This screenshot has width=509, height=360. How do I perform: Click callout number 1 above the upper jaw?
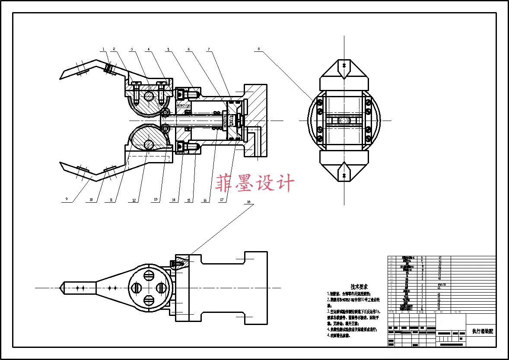click(104, 48)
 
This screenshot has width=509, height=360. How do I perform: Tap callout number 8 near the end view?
click(259, 49)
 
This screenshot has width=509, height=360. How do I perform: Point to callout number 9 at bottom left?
click(67, 200)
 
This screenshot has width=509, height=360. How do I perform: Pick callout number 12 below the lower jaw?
click(134, 200)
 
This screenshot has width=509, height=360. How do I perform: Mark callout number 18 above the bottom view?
click(248, 202)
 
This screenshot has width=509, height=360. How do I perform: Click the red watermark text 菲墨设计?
click(255, 183)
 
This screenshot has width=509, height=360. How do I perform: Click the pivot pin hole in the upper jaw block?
click(149, 96)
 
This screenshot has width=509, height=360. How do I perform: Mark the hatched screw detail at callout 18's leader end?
click(178, 262)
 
